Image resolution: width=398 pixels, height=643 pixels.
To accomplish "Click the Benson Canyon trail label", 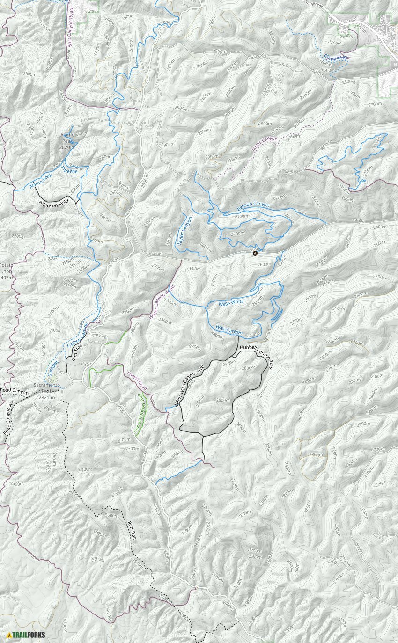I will coord(253,205).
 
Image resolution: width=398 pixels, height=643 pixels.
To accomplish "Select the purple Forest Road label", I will coord(137,381).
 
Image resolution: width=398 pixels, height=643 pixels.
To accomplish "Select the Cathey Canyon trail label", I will coord(77,336).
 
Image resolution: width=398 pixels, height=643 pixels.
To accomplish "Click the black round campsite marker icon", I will coord(255,253).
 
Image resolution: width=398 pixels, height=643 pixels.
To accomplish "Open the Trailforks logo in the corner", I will coord(26,635).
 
